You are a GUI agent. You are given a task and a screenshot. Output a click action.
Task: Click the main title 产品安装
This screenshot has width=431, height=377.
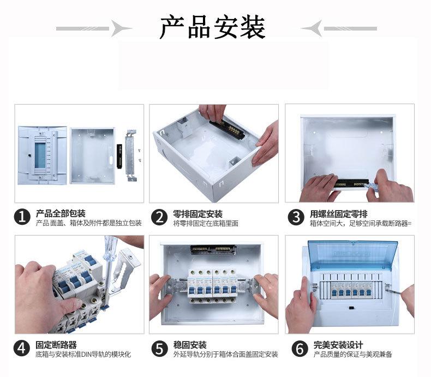click(212, 28)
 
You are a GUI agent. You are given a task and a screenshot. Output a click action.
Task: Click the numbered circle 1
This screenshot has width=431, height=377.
click(22, 217)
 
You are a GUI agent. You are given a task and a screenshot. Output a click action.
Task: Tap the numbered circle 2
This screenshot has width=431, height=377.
click(159, 217)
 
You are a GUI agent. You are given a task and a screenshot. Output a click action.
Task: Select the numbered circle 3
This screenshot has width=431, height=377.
click(296, 217)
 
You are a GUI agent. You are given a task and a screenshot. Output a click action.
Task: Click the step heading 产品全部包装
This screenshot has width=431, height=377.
click(61, 213)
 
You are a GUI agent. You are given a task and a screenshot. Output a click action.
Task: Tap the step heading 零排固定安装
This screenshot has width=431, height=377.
click(197, 213)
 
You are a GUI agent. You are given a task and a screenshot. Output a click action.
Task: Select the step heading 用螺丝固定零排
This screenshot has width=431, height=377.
click(338, 213)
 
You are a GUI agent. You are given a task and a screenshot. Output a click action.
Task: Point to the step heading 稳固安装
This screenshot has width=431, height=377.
click(189, 345)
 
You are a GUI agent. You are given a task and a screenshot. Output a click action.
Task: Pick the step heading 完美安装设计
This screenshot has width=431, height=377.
click(338, 345)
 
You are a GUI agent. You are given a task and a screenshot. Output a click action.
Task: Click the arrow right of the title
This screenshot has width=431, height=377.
click(338, 28)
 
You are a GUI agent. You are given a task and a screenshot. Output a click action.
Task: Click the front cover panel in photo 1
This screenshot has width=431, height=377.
click(41, 155)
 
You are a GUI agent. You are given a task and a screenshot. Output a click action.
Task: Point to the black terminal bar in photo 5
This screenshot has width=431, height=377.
click(212, 250)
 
